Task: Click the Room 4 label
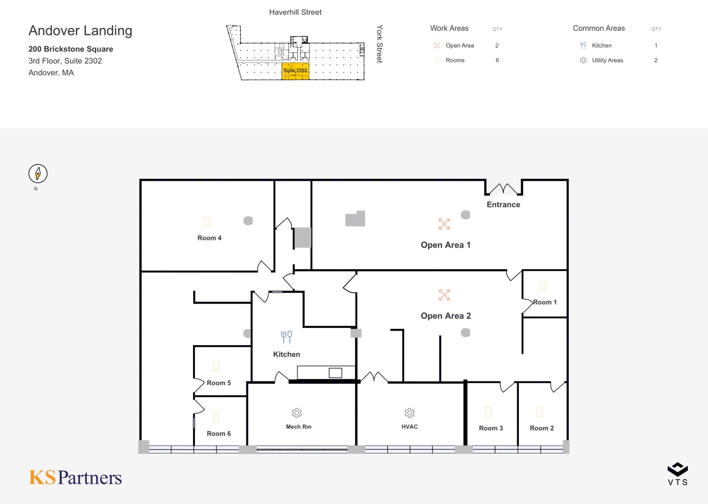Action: [209, 238]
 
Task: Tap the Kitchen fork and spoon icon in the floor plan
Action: [287, 337]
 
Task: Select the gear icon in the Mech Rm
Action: [297, 413]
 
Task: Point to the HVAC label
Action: [409, 427]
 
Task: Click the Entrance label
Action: [503, 205]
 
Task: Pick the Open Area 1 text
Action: [445, 245]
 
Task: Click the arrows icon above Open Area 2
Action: [444, 295]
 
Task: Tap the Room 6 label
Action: [219, 434]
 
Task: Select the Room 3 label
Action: [490, 428]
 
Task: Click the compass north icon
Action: [38, 174]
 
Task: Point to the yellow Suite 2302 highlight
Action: [295, 71]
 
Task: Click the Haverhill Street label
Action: [295, 12]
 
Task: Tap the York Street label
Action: [379, 44]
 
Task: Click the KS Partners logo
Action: [76, 478]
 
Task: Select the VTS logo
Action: [677, 474]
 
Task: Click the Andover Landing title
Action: [80, 31]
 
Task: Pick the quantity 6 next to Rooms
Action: [497, 60]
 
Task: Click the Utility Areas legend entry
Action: [607, 60]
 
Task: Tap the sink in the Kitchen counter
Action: [335, 373]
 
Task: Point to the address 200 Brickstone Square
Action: [71, 49]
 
